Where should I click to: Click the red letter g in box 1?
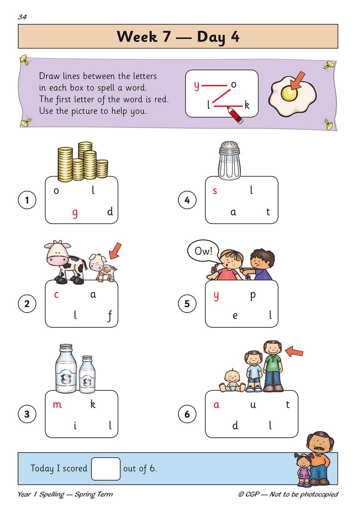click(x=75, y=214)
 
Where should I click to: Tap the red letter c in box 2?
click(x=57, y=295)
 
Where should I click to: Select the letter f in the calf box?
click(x=110, y=316)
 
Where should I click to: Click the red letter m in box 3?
click(x=57, y=405)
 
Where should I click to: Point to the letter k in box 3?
click(x=93, y=404)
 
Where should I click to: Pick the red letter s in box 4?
click(x=215, y=191)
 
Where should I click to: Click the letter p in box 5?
click(x=253, y=296)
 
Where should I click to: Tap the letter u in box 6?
click(x=253, y=405)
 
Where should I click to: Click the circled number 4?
click(x=187, y=200)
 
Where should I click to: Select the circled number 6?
click(x=187, y=414)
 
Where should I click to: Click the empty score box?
click(x=106, y=469)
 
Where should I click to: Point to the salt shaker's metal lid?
click(x=230, y=149)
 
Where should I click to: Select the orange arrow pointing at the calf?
click(x=115, y=251)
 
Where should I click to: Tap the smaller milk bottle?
click(x=87, y=374)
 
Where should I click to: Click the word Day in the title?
click(x=211, y=37)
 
